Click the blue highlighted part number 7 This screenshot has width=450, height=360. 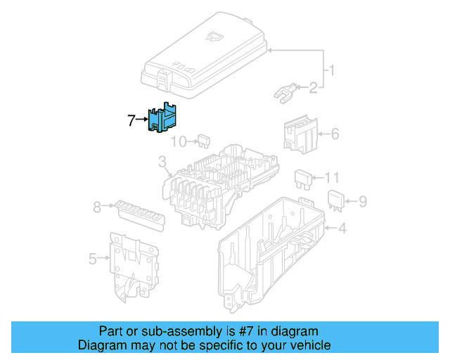(x=163, y=117)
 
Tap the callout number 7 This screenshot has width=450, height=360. (x=131, y=120)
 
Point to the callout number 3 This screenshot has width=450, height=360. (x=162, y=166)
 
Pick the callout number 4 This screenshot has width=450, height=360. (x=342, y=228)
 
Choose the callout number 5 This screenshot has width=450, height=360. (x=93, y=259)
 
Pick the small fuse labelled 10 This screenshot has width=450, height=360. (x=205, y=141)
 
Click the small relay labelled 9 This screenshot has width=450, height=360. (x=335, y=200)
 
